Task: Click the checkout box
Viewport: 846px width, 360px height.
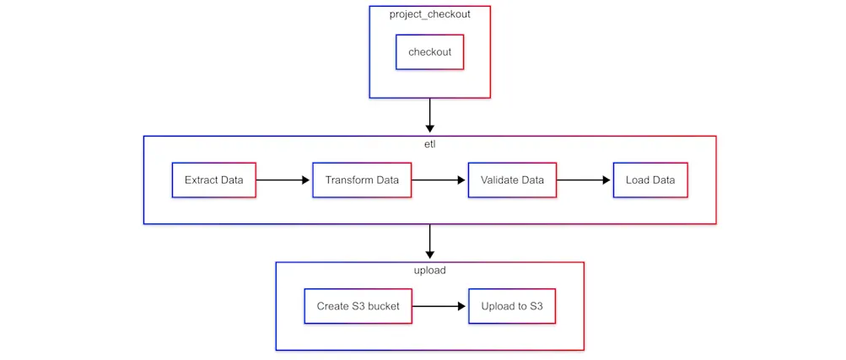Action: point(429,52)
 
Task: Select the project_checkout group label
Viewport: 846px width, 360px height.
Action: point(429,15)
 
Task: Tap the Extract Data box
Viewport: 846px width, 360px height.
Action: point(213,180)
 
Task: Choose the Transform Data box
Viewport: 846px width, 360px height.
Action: point(362,180)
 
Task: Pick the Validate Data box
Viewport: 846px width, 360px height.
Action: point(512,180)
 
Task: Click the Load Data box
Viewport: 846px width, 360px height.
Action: point(650,180)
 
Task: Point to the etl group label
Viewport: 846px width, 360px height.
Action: point(429,145)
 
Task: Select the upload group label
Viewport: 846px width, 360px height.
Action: point(429,271)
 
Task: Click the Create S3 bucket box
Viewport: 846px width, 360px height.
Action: point(358,306)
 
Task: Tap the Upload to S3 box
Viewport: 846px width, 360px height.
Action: point(512,306)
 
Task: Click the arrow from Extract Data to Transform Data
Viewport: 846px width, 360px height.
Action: point(283,180)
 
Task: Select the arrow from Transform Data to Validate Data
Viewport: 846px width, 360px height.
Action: point(439,180)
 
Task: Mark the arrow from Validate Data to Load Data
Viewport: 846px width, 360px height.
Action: point(584,180)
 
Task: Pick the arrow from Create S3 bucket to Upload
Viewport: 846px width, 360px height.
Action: point(439,306)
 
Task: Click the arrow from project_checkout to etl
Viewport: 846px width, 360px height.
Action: point(429,116)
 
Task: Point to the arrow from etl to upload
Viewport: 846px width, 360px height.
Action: point(429,242)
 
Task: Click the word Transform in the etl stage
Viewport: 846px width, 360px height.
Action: point(349,180)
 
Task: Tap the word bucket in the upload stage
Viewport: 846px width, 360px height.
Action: point(382,306)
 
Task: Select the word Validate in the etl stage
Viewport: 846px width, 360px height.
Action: point(499,180)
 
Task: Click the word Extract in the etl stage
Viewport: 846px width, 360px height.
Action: point(200,180)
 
